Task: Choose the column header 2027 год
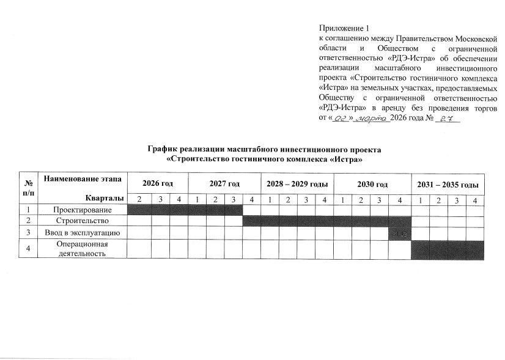point(224,184)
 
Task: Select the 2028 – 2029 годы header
point(298,184)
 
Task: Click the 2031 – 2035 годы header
point(448,184)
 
